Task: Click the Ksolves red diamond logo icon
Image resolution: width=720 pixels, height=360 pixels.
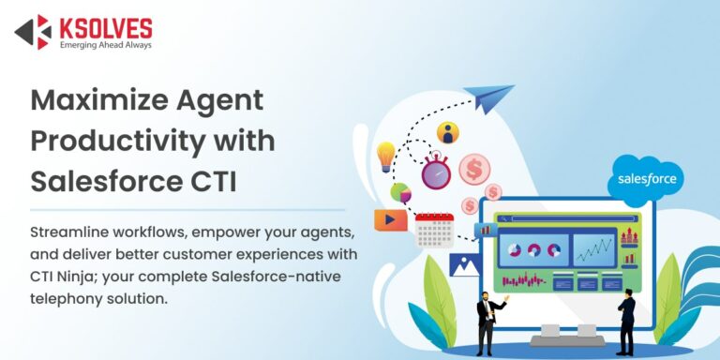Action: [x=33, y=31]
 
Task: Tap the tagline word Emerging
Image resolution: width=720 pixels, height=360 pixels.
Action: [x=81, y=44]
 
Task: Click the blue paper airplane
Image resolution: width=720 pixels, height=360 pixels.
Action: [x=492, y=97]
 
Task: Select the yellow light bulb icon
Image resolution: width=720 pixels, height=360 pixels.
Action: [x=385, y=155]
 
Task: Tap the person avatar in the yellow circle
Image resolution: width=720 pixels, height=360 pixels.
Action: [x=448, y=132]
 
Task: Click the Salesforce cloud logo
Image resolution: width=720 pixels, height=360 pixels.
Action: [x=646, y=178]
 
